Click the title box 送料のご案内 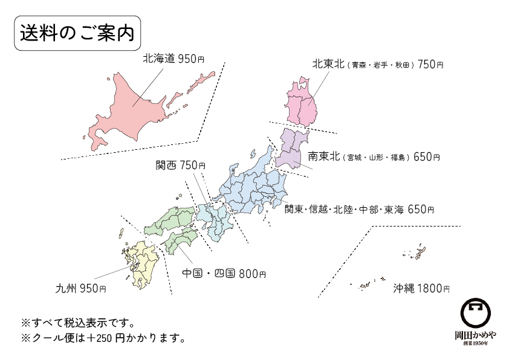coord(77,33)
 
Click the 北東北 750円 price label coord(377,64)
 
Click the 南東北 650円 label coord(373,157)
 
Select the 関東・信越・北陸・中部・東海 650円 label coord(359,210)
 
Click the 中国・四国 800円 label coord(224,274)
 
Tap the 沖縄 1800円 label coord(421,289)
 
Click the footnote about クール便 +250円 coord(102,338)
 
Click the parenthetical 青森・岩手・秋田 coord(381,65)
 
